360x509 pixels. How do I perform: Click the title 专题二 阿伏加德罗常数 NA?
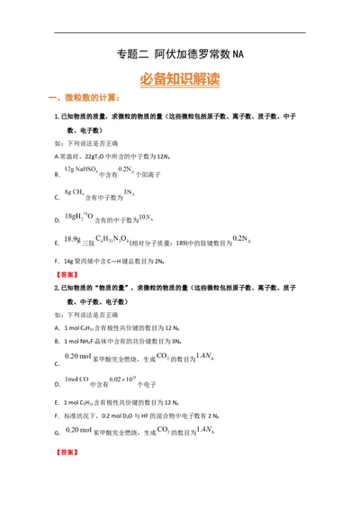(180, 55)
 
